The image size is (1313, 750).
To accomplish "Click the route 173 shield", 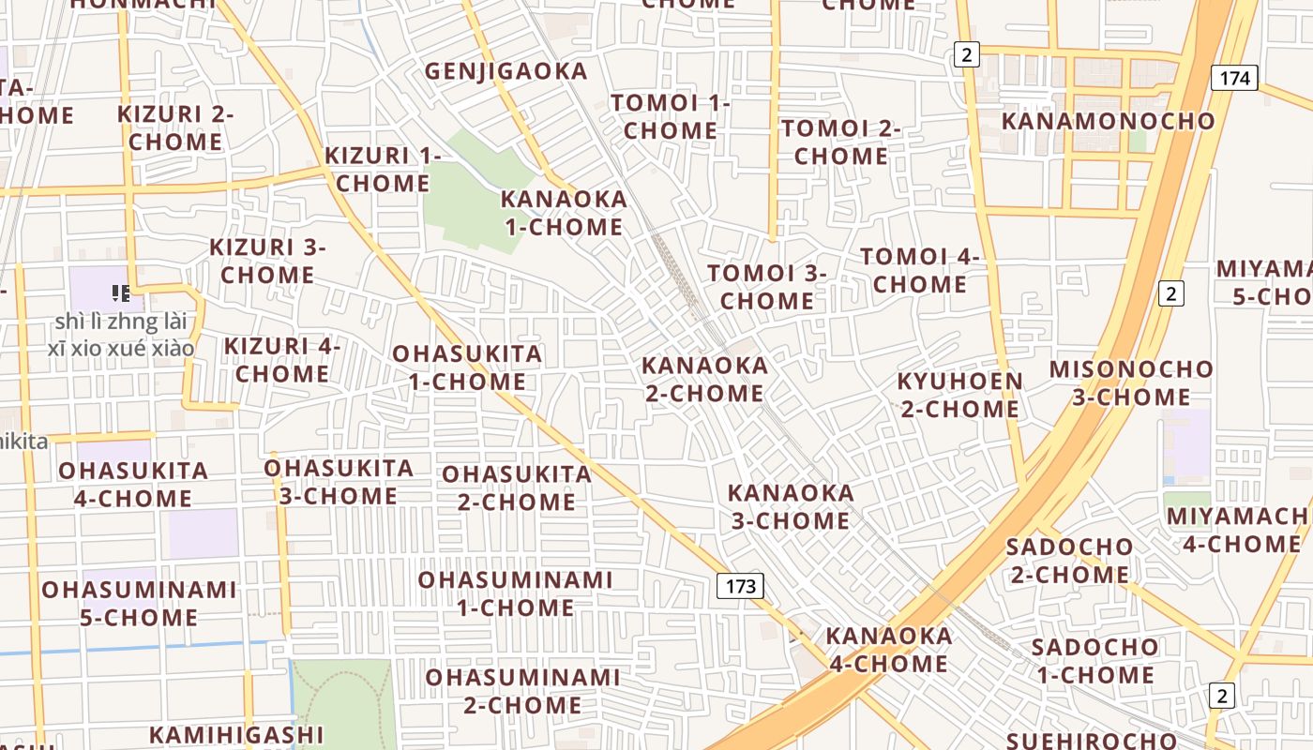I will tap(740, 587).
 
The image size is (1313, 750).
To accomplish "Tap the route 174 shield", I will tap(1234, 78).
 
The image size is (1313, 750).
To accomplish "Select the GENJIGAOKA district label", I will tap(506, 71).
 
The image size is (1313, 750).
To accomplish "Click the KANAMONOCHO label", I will tap(1108, 121).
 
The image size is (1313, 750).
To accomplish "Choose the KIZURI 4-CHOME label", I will tap(282, 360).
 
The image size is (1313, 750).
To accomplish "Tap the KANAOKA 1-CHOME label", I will tap(564, 213).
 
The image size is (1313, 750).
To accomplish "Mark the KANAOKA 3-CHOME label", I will tap(791, 506).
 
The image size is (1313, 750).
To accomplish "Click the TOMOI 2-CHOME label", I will tap(840, 142).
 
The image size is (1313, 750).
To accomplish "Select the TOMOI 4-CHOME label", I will tap(919, 270).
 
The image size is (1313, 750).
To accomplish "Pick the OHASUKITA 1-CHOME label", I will tap(467, 367).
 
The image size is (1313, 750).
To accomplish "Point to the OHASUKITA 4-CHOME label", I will tap(133, 484).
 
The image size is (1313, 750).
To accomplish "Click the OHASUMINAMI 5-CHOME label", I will tap(139, 604).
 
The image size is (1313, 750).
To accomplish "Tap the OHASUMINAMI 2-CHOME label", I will tap(522, 691).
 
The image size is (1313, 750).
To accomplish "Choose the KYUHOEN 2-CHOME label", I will tap(960, 395).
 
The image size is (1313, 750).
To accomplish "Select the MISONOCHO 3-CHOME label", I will tap(1131, 382).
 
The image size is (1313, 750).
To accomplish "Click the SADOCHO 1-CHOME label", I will tap(1094, 661).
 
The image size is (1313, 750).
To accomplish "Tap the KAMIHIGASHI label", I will tap(236, 735).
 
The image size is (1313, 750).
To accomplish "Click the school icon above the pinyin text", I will tap(120, 293).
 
